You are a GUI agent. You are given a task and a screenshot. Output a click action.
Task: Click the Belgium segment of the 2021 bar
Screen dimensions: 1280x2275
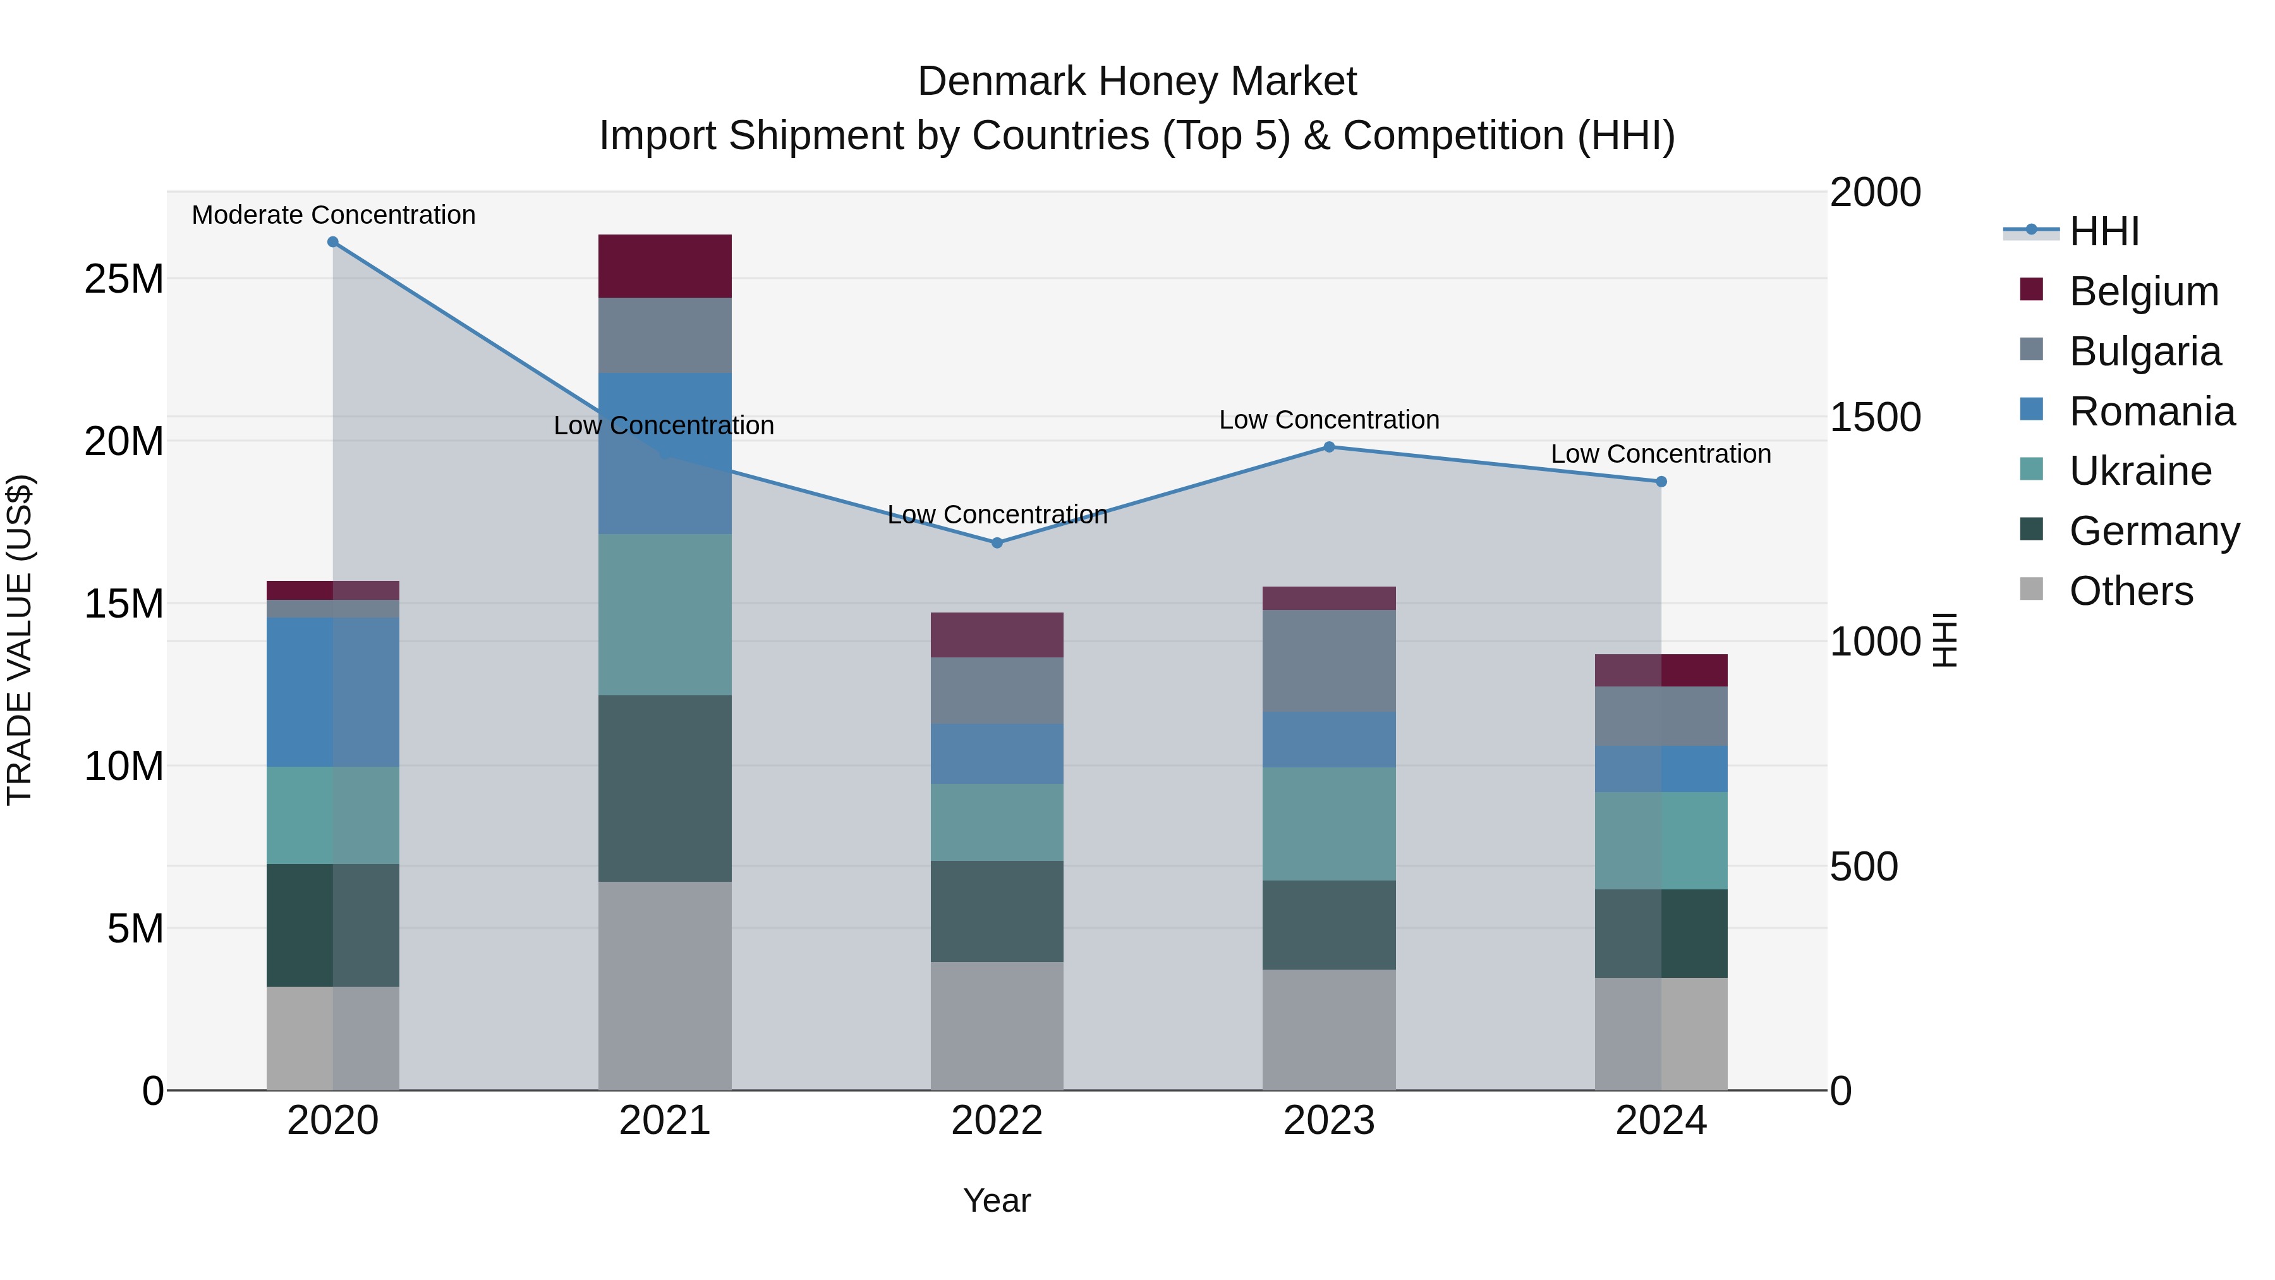(x=664, y=266)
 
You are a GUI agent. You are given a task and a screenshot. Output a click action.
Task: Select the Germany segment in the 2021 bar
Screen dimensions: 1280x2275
(x=664, y=788)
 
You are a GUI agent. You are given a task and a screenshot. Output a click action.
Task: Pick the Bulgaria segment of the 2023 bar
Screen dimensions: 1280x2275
(x=1328, y=660)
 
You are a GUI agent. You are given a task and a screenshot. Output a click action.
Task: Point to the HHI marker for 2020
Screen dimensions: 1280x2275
(x=333, y=242)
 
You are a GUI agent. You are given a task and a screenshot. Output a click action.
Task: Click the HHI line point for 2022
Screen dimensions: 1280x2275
(x=997, y=542)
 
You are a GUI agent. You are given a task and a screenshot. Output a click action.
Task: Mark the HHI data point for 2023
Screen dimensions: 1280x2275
(x=1329, y=447)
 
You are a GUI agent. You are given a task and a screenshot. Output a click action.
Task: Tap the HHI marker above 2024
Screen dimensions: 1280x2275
(x=1661, y=482)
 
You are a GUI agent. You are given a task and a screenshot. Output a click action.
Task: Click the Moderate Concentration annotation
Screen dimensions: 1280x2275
(x=333, y=215)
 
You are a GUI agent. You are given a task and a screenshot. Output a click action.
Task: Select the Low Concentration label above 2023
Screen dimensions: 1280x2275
(x=1328, y=420)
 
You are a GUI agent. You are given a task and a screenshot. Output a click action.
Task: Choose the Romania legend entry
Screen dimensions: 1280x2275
(x=2151, y=411)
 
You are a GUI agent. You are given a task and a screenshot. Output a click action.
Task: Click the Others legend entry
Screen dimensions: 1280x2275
(x=2130, y=591)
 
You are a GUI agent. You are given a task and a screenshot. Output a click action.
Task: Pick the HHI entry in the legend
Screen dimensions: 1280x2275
(x=2104, y=231)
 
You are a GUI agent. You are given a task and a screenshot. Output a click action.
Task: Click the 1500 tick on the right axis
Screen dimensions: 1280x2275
(x=1875, y=417)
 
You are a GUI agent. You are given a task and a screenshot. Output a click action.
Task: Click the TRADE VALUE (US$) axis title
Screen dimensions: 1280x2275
(x=20, y=640)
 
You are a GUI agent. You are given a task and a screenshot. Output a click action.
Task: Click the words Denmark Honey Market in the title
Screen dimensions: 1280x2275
(x=1137, y=82)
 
